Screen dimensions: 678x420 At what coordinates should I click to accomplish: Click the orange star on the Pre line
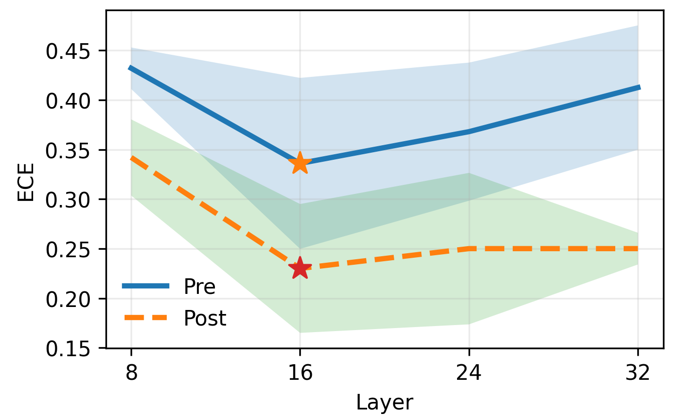(300, 163)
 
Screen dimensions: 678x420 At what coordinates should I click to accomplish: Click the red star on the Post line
(300, 268)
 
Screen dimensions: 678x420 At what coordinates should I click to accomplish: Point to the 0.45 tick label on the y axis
(68, 51)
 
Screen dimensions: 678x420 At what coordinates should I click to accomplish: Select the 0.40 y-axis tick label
(68, 101)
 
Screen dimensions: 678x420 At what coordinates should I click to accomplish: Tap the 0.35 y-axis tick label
(68, 151)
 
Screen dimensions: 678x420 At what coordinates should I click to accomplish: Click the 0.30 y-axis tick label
(68, 200)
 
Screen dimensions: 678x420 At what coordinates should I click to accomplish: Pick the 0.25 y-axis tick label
(68, 250)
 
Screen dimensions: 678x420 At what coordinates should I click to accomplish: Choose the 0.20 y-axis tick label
(68, 299)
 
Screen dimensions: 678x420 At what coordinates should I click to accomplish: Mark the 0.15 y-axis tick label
(68, 349)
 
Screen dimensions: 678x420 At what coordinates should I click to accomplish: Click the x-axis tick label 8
(132, 372)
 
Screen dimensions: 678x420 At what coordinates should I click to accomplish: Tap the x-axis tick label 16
(300, 372)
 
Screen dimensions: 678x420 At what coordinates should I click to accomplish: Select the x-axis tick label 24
(469, 372)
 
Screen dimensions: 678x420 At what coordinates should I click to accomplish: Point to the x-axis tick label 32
(637, 372)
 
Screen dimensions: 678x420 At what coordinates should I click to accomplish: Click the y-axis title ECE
(26, 182)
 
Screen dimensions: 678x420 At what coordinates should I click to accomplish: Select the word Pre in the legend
(199, 286)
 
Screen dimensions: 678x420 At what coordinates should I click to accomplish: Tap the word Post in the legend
(205, 318)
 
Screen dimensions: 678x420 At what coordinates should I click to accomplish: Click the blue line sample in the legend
(146, 286)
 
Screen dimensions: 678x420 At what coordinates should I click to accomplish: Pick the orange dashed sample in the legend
(146, 318)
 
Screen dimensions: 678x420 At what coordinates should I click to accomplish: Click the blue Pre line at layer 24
(469, 132)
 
